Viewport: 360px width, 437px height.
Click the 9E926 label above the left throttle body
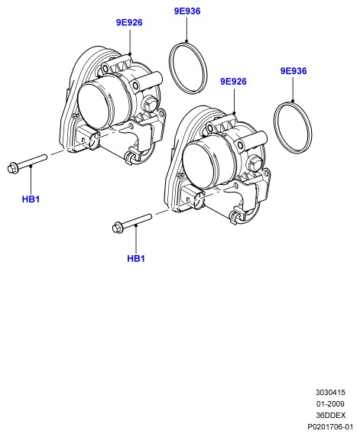(129, 23)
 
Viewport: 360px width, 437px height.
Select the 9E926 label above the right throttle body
(233, 82)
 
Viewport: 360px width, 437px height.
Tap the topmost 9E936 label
(187, 11)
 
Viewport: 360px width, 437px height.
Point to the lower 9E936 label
(294, 71)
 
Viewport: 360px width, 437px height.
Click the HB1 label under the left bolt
(31, 199)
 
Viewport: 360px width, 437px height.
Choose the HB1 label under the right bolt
(136, 259)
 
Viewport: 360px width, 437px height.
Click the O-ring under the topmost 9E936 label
(169, 67)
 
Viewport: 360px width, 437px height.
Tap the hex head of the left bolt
(12, 168)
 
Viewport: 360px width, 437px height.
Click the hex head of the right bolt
(118, 228)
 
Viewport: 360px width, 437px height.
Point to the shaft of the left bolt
(32, 161)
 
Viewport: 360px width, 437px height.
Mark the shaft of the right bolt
(137, 221)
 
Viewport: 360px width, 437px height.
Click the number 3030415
(330, 393)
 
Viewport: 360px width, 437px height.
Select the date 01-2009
(330, 404)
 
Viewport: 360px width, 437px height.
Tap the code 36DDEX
(331, 416)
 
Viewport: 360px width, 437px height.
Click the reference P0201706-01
(330, 427)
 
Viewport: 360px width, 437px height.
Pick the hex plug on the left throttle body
(148, 105)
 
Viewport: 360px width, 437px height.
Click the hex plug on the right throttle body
(253, 163)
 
